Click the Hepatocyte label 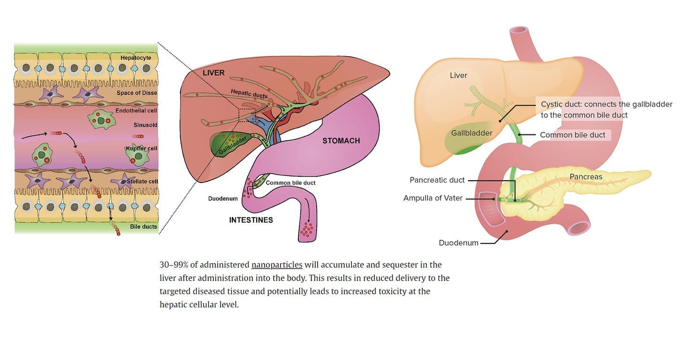[136, 58]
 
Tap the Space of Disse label [137, 93]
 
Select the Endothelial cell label [136, 110]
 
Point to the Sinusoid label [145, 125]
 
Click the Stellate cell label [142, 181]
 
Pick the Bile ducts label [144, 226]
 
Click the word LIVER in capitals [213, 73]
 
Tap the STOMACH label [341, 141]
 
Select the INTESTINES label [251, 220]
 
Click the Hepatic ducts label [249, 94]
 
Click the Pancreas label [586, 176]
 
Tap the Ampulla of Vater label [433, 198]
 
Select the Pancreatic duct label [437, 180]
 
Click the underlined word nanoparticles [277, 265]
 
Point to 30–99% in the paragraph [174, 265]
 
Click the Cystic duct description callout [606, 109]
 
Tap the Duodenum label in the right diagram [458, 243]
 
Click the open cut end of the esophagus [519, 30]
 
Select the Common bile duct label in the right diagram [572, 135]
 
